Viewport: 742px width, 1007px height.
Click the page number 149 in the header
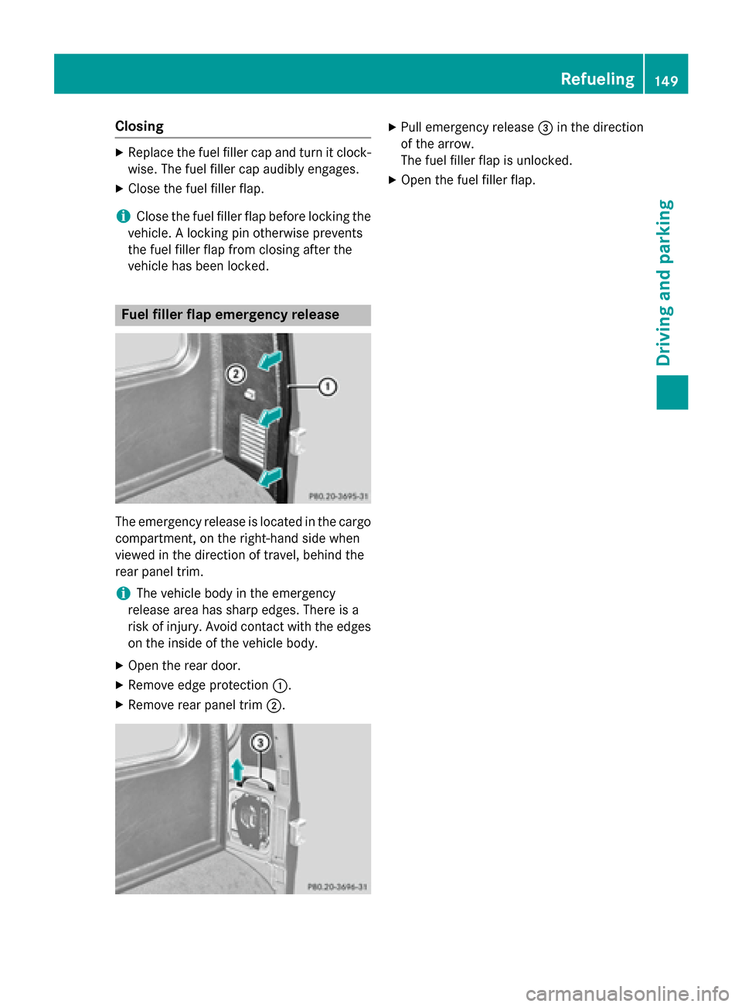[666, 80]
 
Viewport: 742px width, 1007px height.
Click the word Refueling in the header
[597, 79]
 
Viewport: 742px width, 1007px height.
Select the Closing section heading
[139, 126]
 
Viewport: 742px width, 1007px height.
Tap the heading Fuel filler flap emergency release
[230, 315]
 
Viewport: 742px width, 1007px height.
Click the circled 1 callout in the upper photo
[328, 386]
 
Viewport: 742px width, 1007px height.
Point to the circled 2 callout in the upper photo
[236, 375]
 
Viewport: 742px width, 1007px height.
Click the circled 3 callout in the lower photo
[260, 743]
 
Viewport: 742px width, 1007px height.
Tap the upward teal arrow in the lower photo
[238, 770]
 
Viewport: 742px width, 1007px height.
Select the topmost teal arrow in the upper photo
[271, 360]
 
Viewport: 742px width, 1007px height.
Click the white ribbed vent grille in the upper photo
[253, 439]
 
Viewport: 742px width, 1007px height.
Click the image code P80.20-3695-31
[338, 497]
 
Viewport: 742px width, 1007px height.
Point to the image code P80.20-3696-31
[337, 887]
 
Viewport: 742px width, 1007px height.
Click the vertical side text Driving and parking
[665, 282]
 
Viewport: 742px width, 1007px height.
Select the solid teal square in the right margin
[672, 392]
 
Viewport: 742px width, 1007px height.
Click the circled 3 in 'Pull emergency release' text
[545, 128]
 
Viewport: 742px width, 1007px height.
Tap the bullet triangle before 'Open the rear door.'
[119, 666]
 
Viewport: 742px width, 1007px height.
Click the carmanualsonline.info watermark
[627, 993]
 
